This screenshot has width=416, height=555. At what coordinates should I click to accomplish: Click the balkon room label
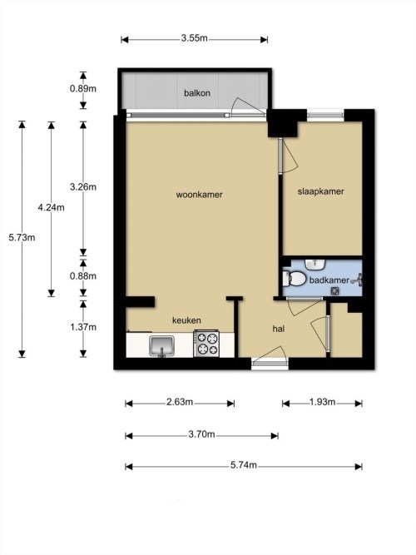[x=197, y=93]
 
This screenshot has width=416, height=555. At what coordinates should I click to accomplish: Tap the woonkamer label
[x=200, y=195]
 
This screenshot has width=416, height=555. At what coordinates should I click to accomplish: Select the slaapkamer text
[x=321, y=191]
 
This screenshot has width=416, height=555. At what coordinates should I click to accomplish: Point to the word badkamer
[x=329, y=280]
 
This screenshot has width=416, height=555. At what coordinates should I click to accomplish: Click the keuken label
[x=186, y=320]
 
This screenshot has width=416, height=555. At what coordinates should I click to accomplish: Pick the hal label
[x=279, y=329]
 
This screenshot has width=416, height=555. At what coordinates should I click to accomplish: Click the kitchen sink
[x=161, y=346]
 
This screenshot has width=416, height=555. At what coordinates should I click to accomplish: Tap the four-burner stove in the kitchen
[x=206, y=344]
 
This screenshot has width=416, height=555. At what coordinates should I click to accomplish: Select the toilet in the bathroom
[x=295, y=279]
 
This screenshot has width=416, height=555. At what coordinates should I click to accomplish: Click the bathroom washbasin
[x=315, y=264]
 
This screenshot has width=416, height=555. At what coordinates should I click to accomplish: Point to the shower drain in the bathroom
[x=335, y=291]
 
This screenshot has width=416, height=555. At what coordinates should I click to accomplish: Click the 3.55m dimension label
[x=195, y=38]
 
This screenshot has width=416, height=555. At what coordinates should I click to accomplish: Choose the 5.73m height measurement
[x=22, y=237]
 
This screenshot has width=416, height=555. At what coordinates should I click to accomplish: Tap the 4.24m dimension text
[x=52, y=207]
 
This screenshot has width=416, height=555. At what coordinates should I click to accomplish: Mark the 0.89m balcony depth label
[x=83, y=88]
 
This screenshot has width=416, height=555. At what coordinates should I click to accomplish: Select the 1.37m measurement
[x=83, y=327]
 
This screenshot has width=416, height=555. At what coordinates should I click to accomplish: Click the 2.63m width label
[x=180, y=402]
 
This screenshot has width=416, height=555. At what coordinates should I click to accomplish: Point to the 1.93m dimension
[x=323, y=402]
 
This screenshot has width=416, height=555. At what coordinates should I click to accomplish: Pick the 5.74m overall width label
[x=244, y=465]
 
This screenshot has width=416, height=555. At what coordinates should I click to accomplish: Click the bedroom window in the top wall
[x=325, y=115]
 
